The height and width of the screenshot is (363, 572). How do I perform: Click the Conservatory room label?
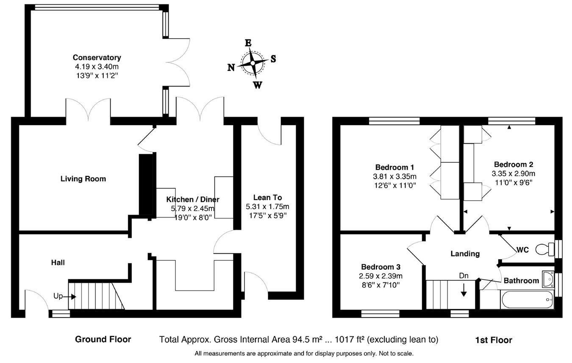(x=97, y=58)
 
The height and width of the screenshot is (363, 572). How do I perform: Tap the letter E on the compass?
(x=248, y=43)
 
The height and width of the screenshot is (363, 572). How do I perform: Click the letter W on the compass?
(x=257, y=85)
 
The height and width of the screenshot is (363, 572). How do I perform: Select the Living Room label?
(x=83, y=179)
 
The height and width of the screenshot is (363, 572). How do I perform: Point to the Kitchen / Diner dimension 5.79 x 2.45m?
(x=193, y=208)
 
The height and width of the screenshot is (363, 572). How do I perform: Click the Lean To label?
(x=267, y=198)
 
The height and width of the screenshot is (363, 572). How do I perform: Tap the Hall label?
(x=58, y=263)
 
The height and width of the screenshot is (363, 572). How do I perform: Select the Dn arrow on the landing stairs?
(x=464, y=290)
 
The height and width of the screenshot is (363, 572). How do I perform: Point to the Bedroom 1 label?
(x=394, y=167)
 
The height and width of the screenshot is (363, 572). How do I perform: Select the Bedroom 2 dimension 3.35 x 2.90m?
(x=513, y=174)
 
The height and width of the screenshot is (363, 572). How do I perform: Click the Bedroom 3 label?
(x=380, y=267)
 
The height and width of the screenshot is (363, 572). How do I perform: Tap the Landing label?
(x=465, y=254)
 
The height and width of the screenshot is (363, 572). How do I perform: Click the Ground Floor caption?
(x=103, y=339)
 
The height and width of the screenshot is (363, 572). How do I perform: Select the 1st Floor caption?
(x=493, y=340)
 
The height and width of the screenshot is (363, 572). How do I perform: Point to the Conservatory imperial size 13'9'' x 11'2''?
(x=97, y=75)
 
